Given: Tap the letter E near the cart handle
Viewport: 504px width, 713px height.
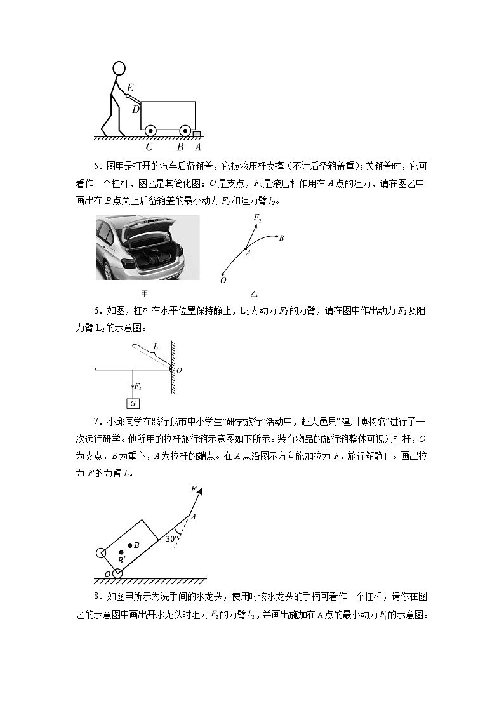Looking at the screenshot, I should click(130, 88).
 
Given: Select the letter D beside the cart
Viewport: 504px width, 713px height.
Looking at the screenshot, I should click(135, 109).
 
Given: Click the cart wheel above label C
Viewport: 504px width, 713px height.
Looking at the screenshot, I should click(150, 131).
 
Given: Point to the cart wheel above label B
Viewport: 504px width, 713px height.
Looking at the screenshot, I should click(185, 131).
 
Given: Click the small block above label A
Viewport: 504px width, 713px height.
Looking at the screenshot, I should click(197, 134).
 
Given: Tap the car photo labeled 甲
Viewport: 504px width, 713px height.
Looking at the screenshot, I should click(147, 248).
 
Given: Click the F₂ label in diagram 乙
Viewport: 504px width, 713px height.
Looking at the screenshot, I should click(257, 218).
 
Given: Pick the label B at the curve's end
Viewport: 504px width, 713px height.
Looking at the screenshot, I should click(281, 238).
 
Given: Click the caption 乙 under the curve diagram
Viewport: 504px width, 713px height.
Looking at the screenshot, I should click(254, 294).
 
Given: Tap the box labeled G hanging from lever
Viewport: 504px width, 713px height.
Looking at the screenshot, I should click(133, 403).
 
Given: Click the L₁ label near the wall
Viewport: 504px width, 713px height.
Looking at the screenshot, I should click(157, 347).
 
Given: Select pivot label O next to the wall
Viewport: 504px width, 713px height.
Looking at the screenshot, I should click(178, 370).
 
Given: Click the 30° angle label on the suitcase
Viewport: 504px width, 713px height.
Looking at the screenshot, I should click(171, 539).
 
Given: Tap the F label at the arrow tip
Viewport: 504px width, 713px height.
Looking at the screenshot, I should click(193, 488).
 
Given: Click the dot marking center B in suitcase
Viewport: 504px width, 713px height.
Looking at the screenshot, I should click(130, 545).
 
